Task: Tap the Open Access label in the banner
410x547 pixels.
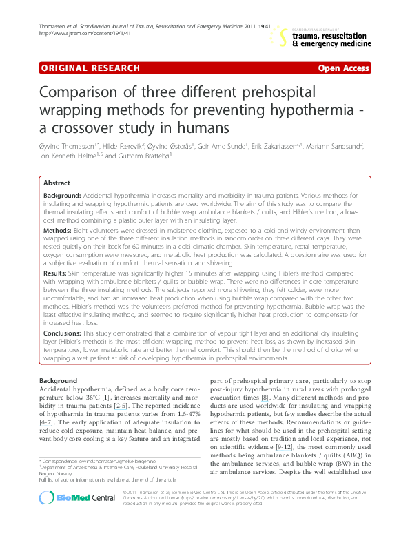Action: [343, 68]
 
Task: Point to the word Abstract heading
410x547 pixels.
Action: [57, 183]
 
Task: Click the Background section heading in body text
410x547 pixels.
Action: [58, 381]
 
